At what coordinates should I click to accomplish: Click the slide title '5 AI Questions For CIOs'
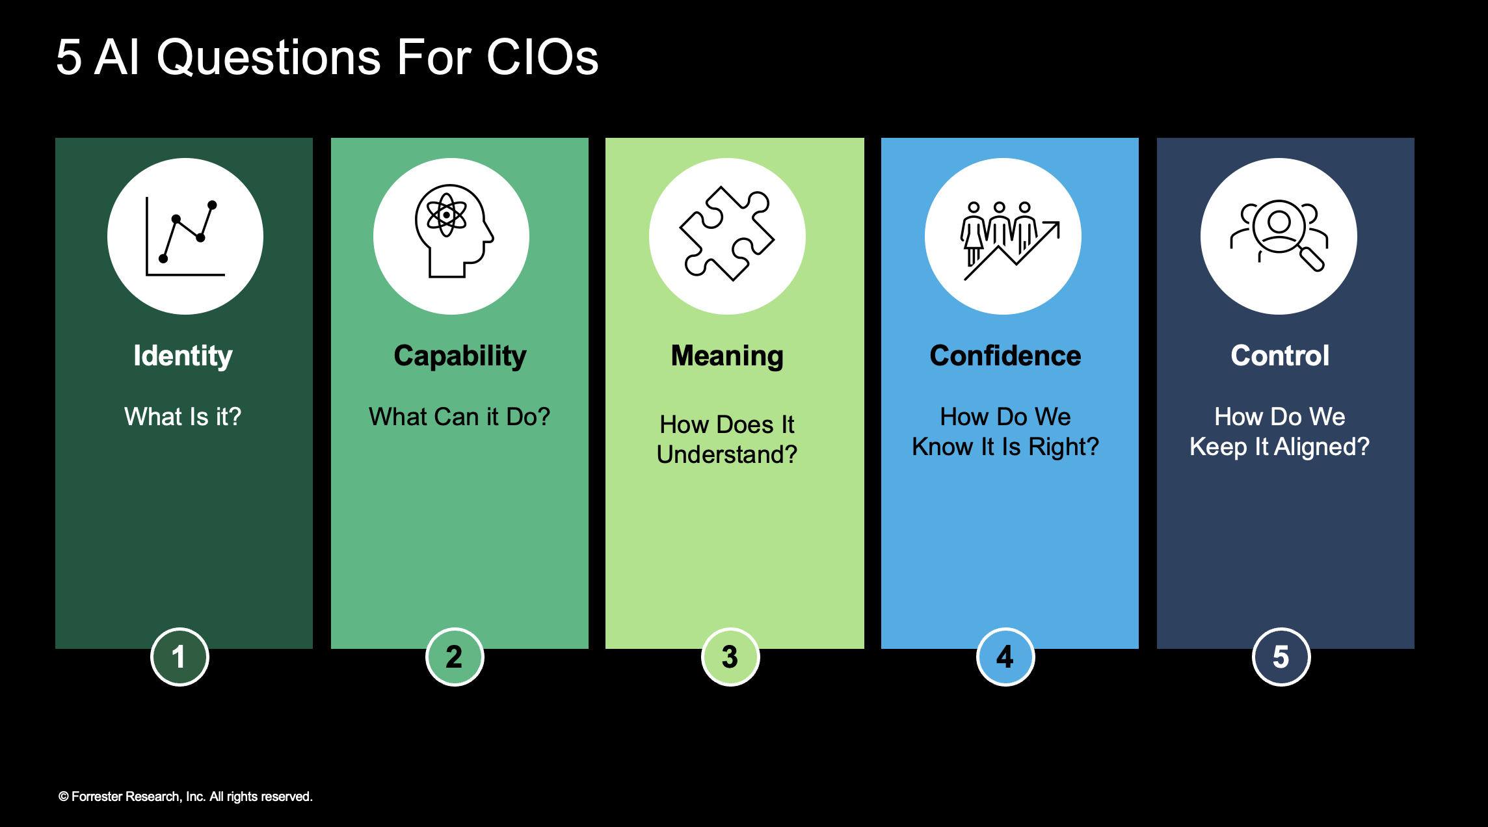coord(327,57)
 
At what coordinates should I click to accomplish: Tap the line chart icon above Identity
coord(185,237)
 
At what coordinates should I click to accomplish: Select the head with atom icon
coord(453,231)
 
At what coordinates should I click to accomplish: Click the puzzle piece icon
coord(727,233)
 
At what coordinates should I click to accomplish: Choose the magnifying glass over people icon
coord(1279,235)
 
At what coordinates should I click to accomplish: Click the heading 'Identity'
coord(183,356)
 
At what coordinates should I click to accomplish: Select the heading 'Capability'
coord(460,356)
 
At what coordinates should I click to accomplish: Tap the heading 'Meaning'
coord(727,356)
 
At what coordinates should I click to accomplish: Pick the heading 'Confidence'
coord(1005,356)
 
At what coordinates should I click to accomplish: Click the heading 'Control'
coord(1280,356)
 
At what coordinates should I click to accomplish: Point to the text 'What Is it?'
coord(183,416)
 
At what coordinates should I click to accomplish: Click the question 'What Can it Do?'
coord(460,416)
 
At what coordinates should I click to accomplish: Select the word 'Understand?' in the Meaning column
coord(727,454)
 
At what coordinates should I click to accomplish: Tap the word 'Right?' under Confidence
coord(1064,447)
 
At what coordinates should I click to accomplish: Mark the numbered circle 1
coord(179,657)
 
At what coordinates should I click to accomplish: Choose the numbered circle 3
coord(730,657)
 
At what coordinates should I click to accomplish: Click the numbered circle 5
coord(1281,657)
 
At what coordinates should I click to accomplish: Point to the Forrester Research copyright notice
coord(185,796)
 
